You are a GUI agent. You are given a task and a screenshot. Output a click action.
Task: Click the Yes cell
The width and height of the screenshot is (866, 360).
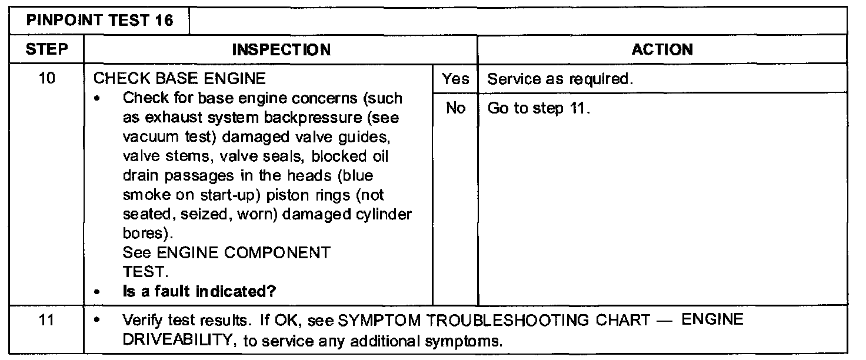455,79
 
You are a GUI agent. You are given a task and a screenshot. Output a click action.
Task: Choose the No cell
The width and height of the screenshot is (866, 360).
455,109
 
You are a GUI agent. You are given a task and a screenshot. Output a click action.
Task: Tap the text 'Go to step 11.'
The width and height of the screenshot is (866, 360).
538,109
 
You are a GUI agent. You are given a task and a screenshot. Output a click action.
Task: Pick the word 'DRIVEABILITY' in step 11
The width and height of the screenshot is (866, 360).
178,341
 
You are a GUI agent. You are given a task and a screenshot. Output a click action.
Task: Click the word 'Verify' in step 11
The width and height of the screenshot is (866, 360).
138,321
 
